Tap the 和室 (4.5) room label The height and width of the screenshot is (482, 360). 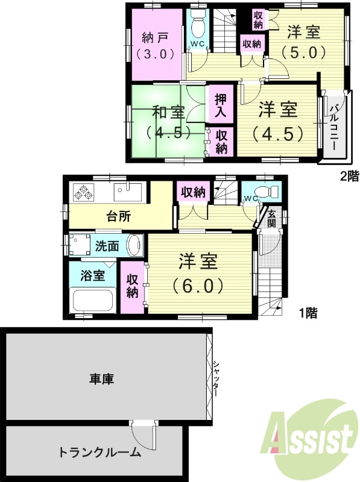tap(168, 122)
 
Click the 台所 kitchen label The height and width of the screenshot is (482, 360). tap(119, 216)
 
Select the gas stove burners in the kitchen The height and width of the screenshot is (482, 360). tap(83, 192)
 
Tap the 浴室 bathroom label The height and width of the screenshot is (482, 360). tap(93, 276)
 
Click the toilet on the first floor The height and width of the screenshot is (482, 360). tap(270, 192)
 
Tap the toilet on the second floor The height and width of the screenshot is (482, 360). tap(197, 24)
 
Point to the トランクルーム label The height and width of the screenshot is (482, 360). tap(99, 452)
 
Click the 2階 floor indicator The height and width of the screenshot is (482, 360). tap(350, 177)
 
